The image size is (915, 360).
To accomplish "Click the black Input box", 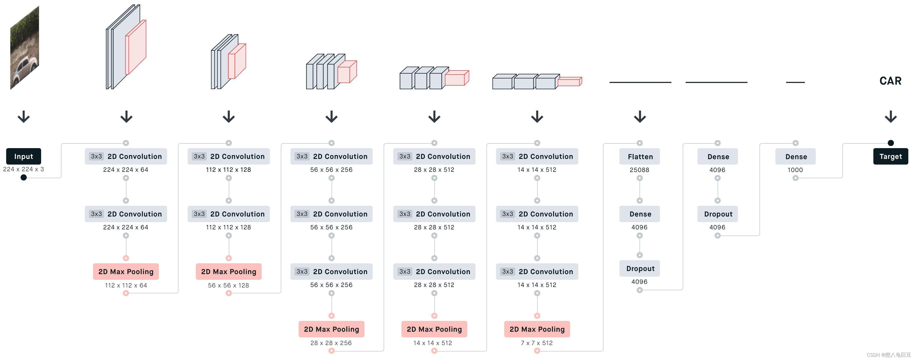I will [x=23, y=156].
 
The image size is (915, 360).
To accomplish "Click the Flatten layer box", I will [x=639, y=156].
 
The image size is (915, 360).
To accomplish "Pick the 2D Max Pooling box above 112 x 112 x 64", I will [x=126, y=272].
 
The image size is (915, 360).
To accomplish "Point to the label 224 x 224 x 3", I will [x=23, y=169].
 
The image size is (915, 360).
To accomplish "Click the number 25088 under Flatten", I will [x=639, y=170].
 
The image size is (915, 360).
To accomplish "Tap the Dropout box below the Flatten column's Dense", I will [x=639, y=268].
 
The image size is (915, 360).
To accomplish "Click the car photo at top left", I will [x=24, y=48].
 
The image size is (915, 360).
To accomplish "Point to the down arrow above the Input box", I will [x=23, y=116].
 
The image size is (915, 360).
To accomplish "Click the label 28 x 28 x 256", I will [x=331, y=343].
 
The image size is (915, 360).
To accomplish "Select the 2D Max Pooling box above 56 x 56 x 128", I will [x=228, y=272].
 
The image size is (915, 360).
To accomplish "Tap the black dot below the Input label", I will [x=23, y=177].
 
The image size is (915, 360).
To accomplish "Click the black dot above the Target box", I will [x=891, y=143].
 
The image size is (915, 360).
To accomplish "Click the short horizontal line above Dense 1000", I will [x=795, y=82].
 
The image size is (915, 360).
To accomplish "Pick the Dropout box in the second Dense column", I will [x=718, y=214].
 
